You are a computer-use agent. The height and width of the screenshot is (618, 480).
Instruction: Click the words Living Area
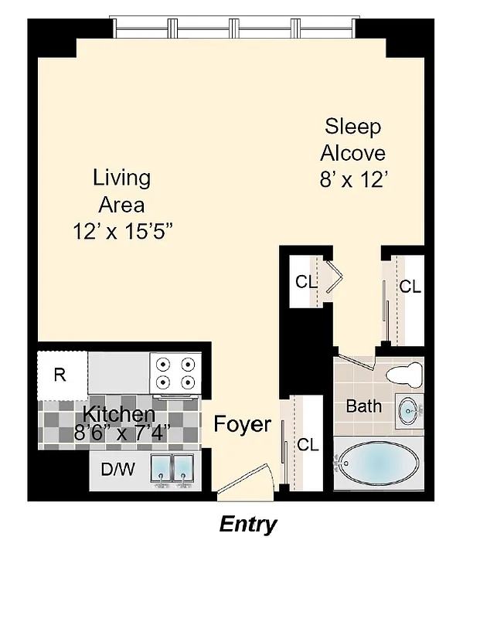pos(121,191)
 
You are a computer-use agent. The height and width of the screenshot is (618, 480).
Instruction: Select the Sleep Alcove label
pos(352,138)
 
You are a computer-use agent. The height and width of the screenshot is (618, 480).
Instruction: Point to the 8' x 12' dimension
pos(352,179)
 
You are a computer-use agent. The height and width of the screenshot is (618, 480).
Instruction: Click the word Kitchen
pos(119,413)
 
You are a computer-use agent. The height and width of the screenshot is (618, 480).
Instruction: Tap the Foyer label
pos(242,424)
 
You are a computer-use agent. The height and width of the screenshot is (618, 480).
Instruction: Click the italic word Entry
pos(247,525)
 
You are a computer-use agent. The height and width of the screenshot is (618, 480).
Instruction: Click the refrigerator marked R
pos(60,376)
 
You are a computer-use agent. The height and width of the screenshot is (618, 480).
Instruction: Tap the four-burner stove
pos(175,373)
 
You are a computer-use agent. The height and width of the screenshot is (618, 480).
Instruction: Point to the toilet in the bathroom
pos(405,375)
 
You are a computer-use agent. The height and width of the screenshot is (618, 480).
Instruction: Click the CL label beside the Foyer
pos(308,445)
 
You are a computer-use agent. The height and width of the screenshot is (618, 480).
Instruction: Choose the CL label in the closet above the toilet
pos(410,287)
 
